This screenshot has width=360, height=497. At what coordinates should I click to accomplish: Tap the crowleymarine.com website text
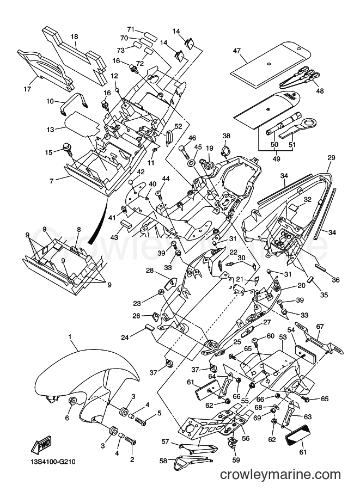tap(280, 474)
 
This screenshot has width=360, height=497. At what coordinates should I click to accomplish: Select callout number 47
tap(237, 51)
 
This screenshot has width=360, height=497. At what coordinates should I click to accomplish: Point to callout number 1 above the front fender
tap(70, 336)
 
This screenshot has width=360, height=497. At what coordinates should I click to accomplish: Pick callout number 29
tap(331, 158)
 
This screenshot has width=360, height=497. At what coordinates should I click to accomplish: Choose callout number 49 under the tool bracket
tap(276, 159)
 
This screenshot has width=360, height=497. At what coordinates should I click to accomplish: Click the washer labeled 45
tap(192, 163)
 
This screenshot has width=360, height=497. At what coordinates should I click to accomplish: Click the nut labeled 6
tap(72, 402)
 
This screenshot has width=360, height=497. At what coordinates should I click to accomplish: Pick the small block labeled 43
tap(126, 224)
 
